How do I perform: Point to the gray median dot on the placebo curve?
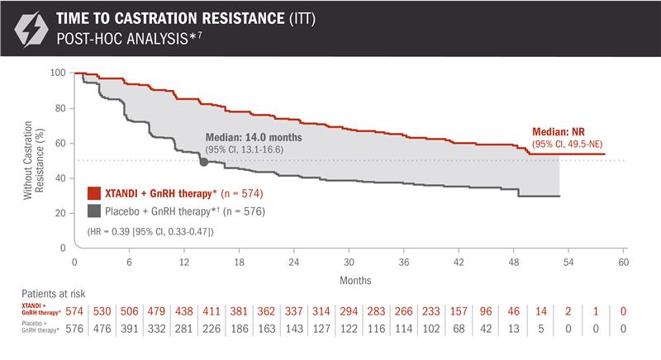point(204,162)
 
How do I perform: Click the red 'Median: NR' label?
point(559,132)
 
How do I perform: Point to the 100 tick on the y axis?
point(59,73)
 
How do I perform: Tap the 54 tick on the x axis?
point(569,261)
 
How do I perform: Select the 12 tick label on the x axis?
point(184,261)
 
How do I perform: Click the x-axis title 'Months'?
point(350,278)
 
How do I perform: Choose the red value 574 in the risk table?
point(74,310)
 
